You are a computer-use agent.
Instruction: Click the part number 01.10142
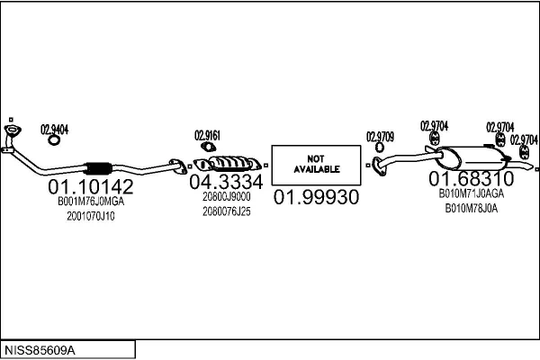coord(90,187)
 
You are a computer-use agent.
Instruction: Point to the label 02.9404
coord(54,129)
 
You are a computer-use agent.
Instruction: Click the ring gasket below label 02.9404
coord(54,139)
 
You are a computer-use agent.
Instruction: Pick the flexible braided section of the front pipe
coord(97,168)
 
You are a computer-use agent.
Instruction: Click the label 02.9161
coord(207,136)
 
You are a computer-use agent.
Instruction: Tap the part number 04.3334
coord(226,182)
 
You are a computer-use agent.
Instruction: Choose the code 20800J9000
coord(227,196)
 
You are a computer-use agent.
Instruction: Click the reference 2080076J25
coord(227,211)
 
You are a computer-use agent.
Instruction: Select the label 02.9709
coord(379,136)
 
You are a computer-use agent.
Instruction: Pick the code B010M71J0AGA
coord(471,193)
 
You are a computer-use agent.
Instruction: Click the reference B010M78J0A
coord(471,208)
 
